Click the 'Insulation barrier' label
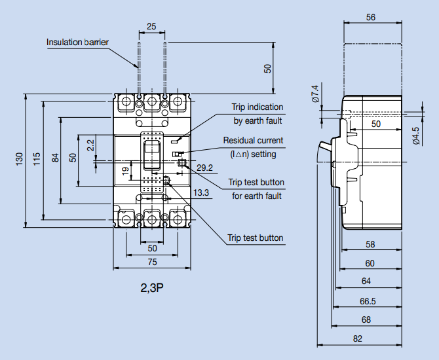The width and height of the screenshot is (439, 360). [x=77, y=43]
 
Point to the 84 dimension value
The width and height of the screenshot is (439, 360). [x=55, y=158]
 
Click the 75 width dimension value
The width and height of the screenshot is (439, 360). [x=151, y=262]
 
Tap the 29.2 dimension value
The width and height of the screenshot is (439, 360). [x=204, y=168]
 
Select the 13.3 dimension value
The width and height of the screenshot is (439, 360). [x=201, y=192]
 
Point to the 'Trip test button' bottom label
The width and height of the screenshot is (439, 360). [x=255, y=238]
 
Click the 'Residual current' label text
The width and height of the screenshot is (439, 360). [x=253, y=140]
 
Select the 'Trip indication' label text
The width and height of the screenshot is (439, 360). [x=257, y=107]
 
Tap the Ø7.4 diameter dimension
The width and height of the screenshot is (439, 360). [x=315, y=94]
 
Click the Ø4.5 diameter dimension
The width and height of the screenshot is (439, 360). [x=415, y=135]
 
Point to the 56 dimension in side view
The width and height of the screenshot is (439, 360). [x=371, y=18]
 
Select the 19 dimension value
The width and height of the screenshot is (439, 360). [x=125, y=172]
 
